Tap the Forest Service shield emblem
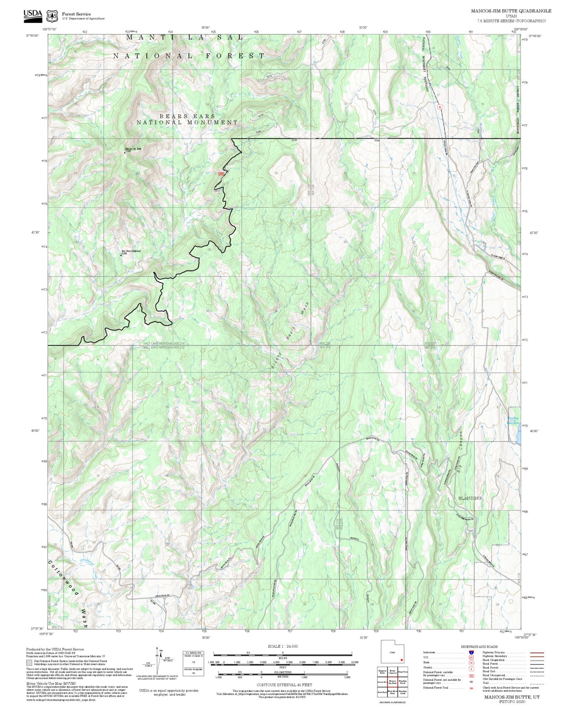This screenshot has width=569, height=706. click(52, 16)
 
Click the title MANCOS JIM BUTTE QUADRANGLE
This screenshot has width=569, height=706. click(511, 11)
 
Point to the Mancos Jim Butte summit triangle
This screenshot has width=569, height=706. click(125, 152)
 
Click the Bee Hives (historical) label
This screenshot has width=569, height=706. click(131, 251)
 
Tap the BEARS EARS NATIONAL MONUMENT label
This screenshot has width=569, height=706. click(187, 119)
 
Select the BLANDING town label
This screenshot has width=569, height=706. click(470, 498)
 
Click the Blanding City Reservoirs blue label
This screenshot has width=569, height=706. click(513, 420)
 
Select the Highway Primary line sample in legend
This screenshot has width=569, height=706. click(537, 652)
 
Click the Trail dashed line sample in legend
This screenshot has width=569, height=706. click(537, 684)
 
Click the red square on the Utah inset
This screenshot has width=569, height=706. click(401, 660)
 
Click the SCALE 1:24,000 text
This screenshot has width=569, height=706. click(282, 646)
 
